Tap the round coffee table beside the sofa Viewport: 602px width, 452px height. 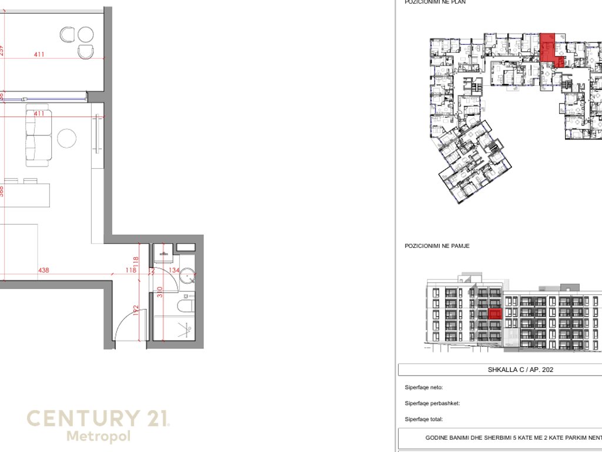pos(67,138)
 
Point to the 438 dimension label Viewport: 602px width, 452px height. pos(44,271)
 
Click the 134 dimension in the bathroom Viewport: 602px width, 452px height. pos(174,271)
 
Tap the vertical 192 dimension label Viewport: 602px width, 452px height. pos(135,310)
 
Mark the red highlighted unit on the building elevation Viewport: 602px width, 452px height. pos(495,314)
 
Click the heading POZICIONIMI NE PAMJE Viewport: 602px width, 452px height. pos(437,245)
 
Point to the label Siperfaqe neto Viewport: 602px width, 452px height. pos(423,387)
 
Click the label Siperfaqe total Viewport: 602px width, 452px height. pos(423,419)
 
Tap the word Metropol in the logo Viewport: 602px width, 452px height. pos(98,437)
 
